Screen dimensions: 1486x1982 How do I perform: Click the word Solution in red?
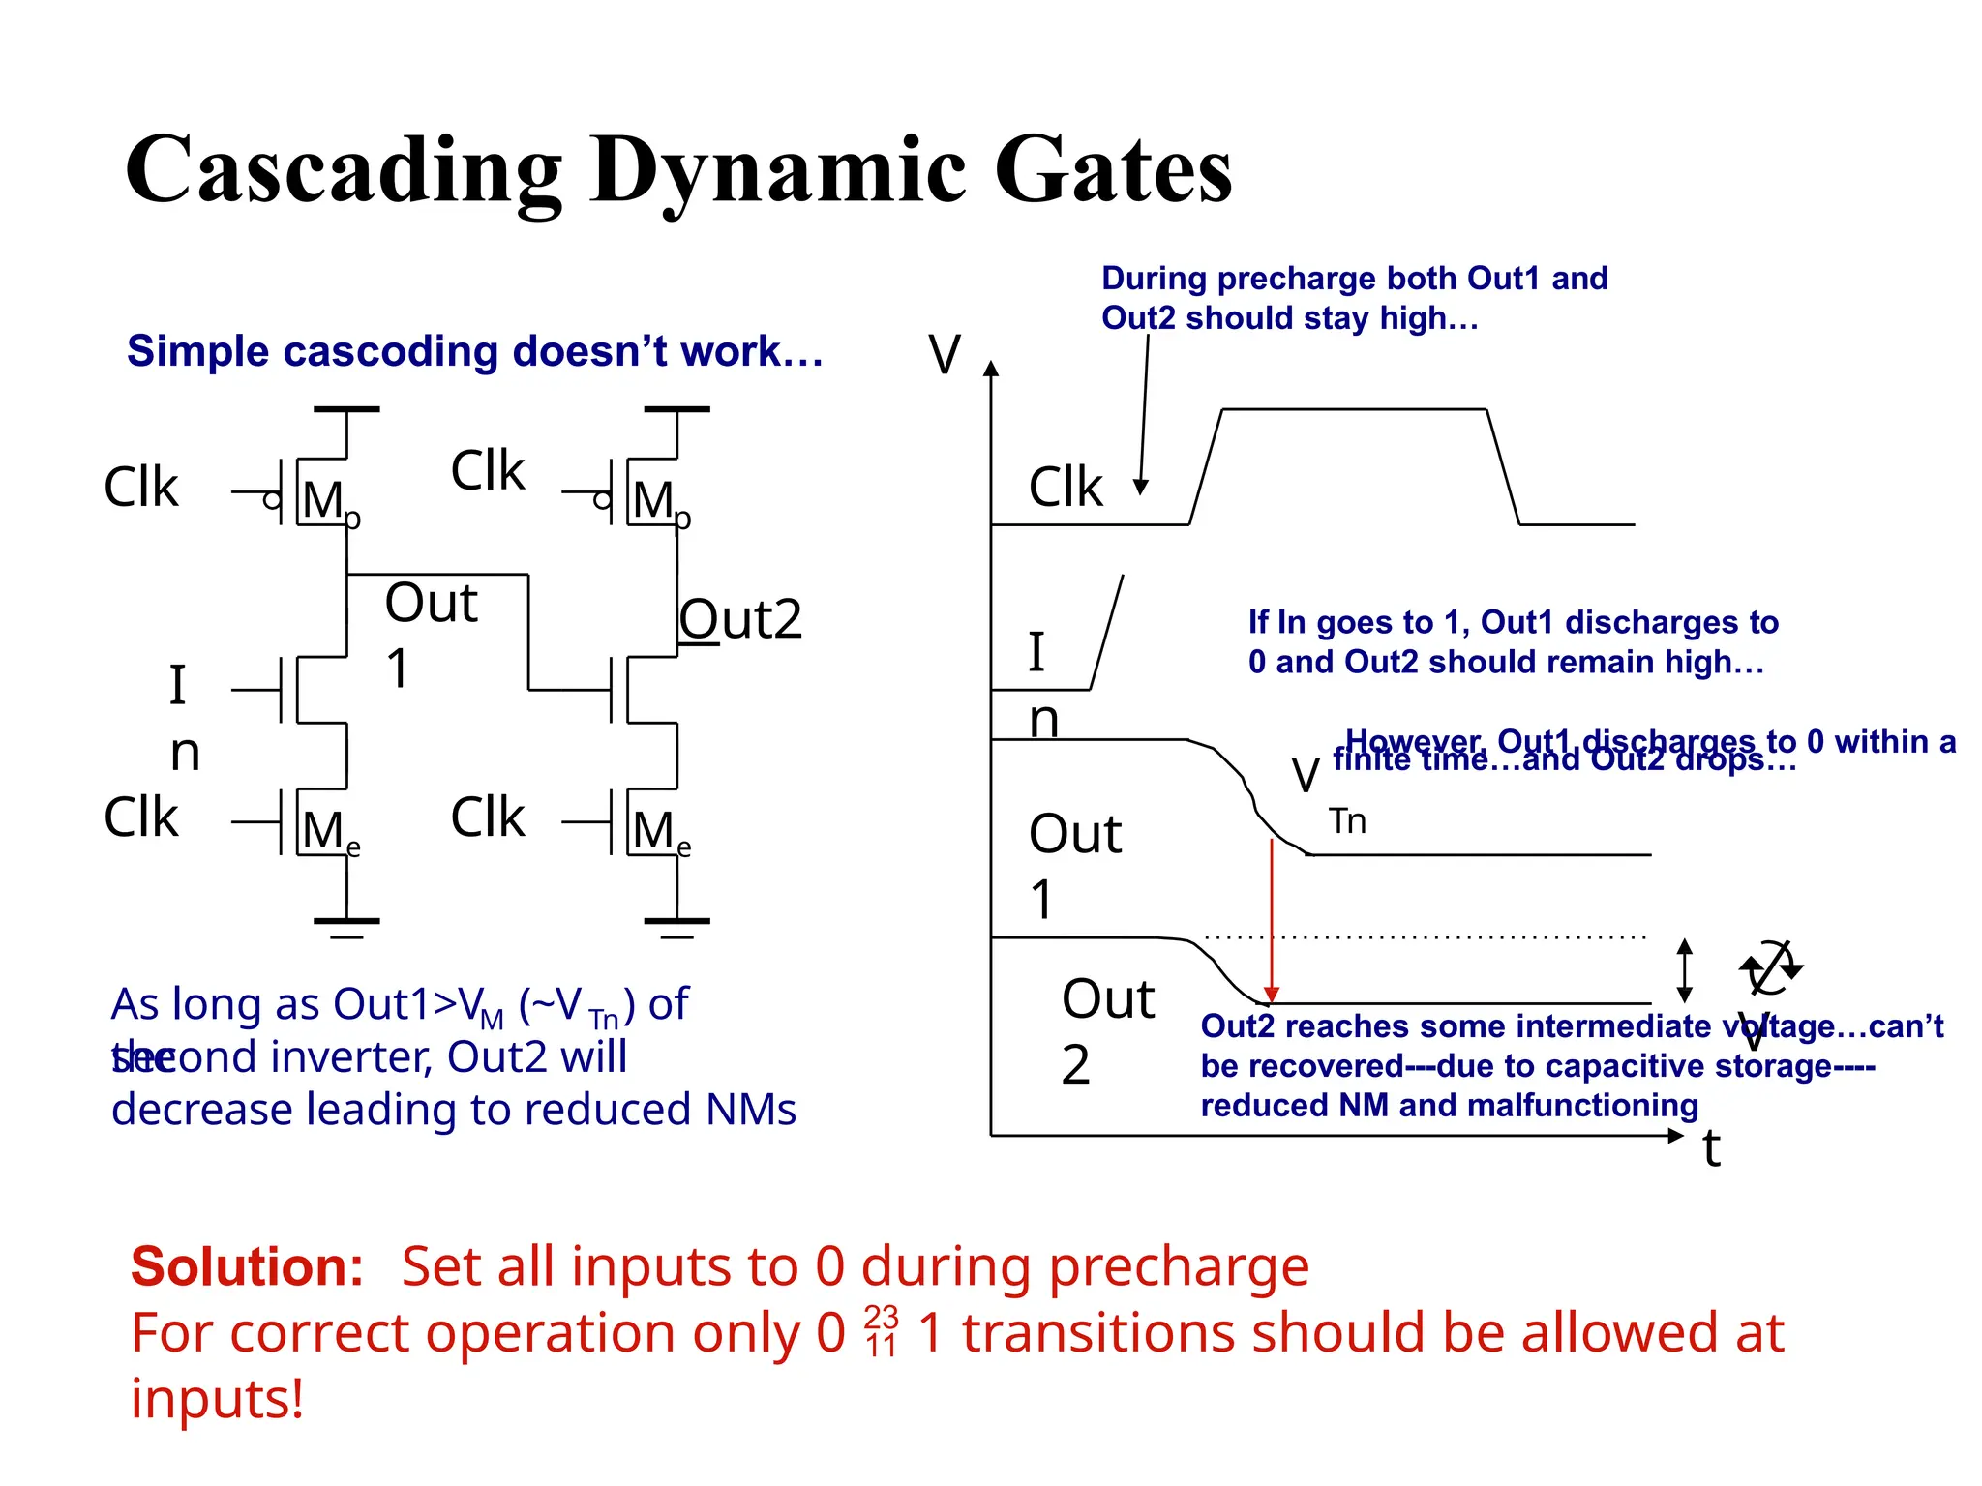tap(247, 1266)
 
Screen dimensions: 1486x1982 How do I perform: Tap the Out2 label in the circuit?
tap(740, 619)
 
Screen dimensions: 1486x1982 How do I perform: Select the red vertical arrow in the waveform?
tap(1272, 919)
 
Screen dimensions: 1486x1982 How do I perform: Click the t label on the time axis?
tap(1711, 1149)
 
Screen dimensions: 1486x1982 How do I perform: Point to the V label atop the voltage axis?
tap(945, 354)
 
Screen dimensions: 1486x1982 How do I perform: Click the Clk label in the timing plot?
tap(1065, 487)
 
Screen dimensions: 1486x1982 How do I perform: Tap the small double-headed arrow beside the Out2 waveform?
tap(1684, 970)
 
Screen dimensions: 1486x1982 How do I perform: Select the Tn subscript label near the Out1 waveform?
tap(1347, 821)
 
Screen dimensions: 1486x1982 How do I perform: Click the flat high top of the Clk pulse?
tap(1355, 410)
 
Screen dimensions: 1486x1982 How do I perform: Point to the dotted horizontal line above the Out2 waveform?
tap(1423, 937)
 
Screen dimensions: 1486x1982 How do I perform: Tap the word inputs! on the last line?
tap(218, 1399)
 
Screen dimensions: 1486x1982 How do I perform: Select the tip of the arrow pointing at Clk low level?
tap(1142, 490)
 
